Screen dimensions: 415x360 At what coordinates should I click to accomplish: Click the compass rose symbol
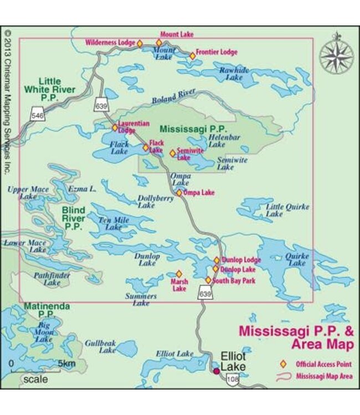tap(336, 54)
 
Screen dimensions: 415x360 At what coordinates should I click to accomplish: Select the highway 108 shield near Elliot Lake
tap(233, 380)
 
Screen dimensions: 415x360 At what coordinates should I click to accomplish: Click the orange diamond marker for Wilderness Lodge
tap(140, 43)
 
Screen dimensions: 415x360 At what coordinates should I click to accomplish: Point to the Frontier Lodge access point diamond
tap(193, 56)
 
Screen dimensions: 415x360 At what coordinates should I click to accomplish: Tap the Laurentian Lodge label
tap(133, 127)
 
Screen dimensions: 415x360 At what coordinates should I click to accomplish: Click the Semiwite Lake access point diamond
tap(172, 153)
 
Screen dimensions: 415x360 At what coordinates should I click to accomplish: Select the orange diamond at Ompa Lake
tap(179, 193)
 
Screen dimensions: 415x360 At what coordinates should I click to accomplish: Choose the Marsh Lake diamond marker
tap(179, 273)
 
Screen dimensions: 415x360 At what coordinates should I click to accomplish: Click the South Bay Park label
tap(235, 281)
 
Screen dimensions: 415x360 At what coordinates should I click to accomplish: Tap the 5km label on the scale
tap(66, 364)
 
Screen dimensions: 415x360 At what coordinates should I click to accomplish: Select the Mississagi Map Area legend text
tap(324, 377)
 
